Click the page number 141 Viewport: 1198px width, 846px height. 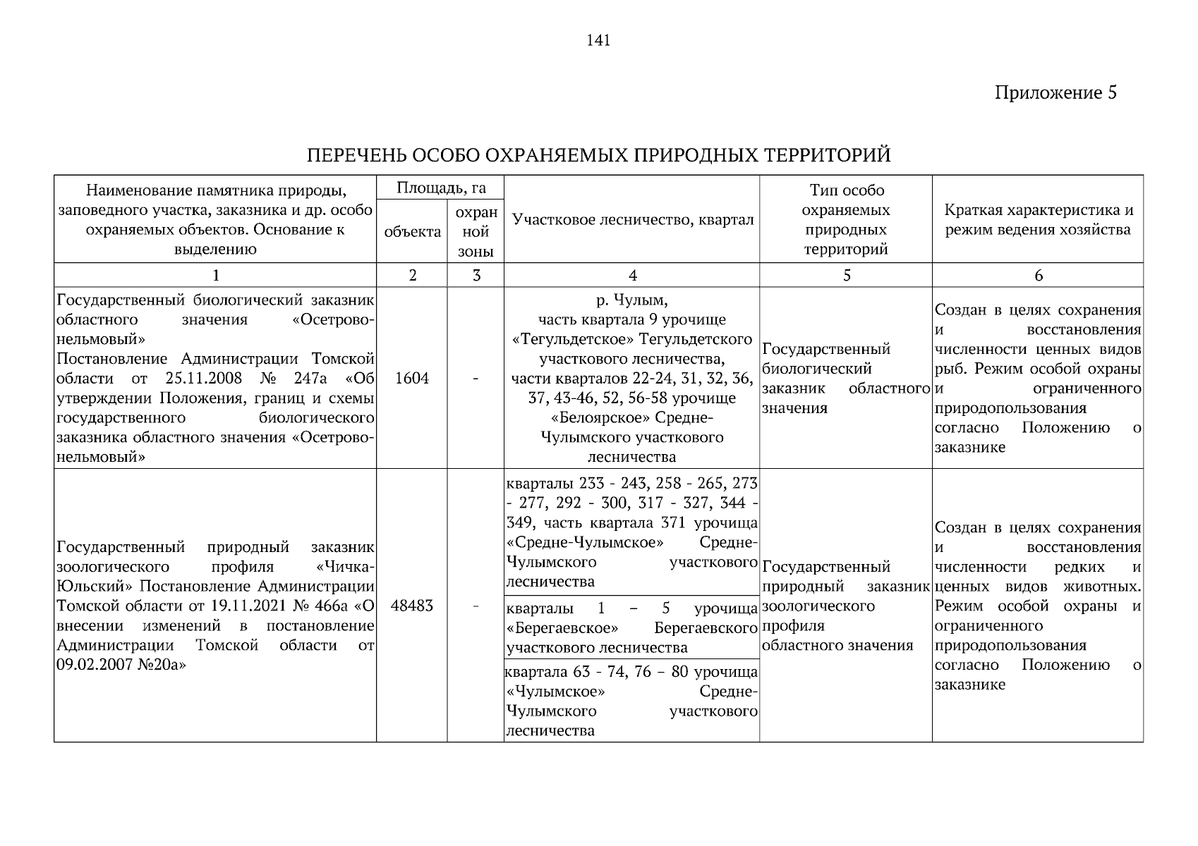coord(598,41)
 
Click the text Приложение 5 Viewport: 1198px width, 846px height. coord(1055,93)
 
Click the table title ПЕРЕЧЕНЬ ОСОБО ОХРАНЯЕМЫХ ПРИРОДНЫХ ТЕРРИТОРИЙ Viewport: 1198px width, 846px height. coord(598,155)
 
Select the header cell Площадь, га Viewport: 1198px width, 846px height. coord(440,188)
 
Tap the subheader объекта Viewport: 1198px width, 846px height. coord(412,232)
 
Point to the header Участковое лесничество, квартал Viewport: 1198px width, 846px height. coord(632,220)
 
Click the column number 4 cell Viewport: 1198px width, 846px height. coord(632,276)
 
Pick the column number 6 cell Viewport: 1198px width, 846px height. coord(1038,276)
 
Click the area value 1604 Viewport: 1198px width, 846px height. coord(412,379)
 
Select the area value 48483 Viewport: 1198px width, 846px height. coord(412,606)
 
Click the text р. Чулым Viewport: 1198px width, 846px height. coord(632,300)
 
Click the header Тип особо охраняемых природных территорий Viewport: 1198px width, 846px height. coord(846,220)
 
